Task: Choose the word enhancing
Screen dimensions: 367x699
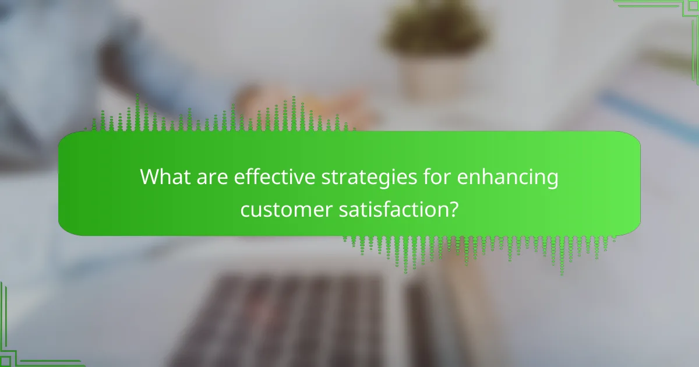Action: point(508,177)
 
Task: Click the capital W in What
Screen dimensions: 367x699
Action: point(151,177)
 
